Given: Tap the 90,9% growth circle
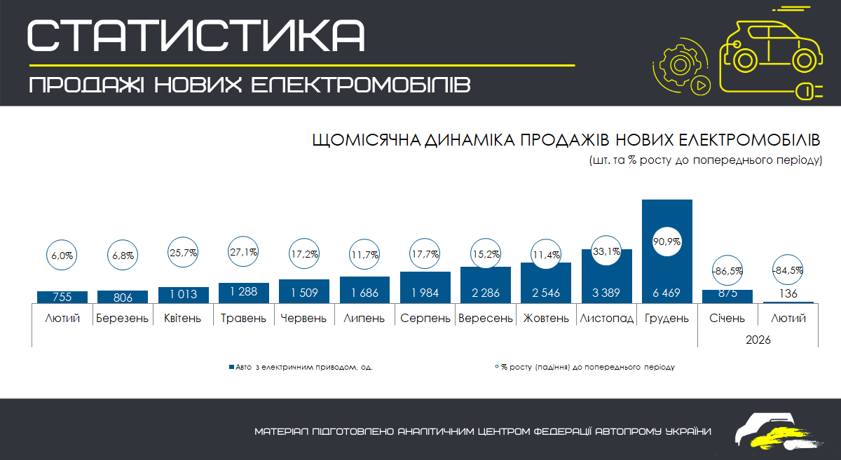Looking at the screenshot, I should pyautogui.click(x=667, y=241).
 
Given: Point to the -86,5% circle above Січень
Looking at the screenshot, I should pyautogui.click(x=729, y=270).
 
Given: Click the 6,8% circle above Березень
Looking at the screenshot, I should pyautogui.click(x=123, y=256).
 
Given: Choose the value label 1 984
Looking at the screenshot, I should pyautogui.click(x=425, y=293).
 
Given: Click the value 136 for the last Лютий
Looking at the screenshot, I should pyautogui.click(x=788, y=293).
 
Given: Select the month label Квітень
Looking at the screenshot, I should pyautogui.click(x=183, y=319).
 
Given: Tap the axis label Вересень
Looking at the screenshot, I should pyautogui.click(x=485, y=319).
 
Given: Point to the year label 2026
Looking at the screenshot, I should pyautogui.click(x=758, y=340).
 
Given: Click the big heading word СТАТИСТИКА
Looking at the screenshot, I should pyautogui.click(x=197, y=35).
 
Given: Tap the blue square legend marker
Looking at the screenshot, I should pyautogui.click(x=231, y=366).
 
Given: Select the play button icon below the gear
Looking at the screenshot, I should pyautogui.click(x=700, y=85).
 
